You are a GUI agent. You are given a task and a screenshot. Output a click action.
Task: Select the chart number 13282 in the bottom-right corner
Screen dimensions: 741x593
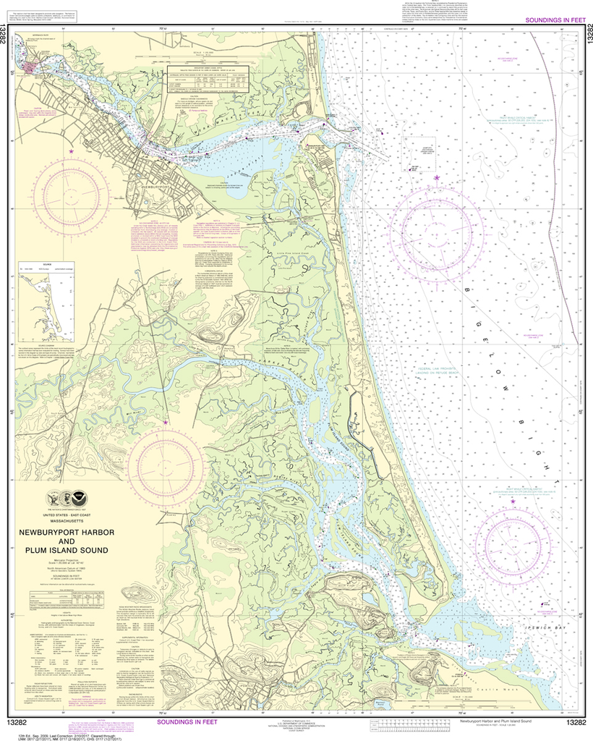click(x=576, y=721)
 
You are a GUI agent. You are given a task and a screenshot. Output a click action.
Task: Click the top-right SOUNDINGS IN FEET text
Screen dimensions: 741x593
click(x=550, y=21)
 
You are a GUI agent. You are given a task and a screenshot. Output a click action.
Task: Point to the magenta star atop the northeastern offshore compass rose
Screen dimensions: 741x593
click(x=435, y=178)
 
